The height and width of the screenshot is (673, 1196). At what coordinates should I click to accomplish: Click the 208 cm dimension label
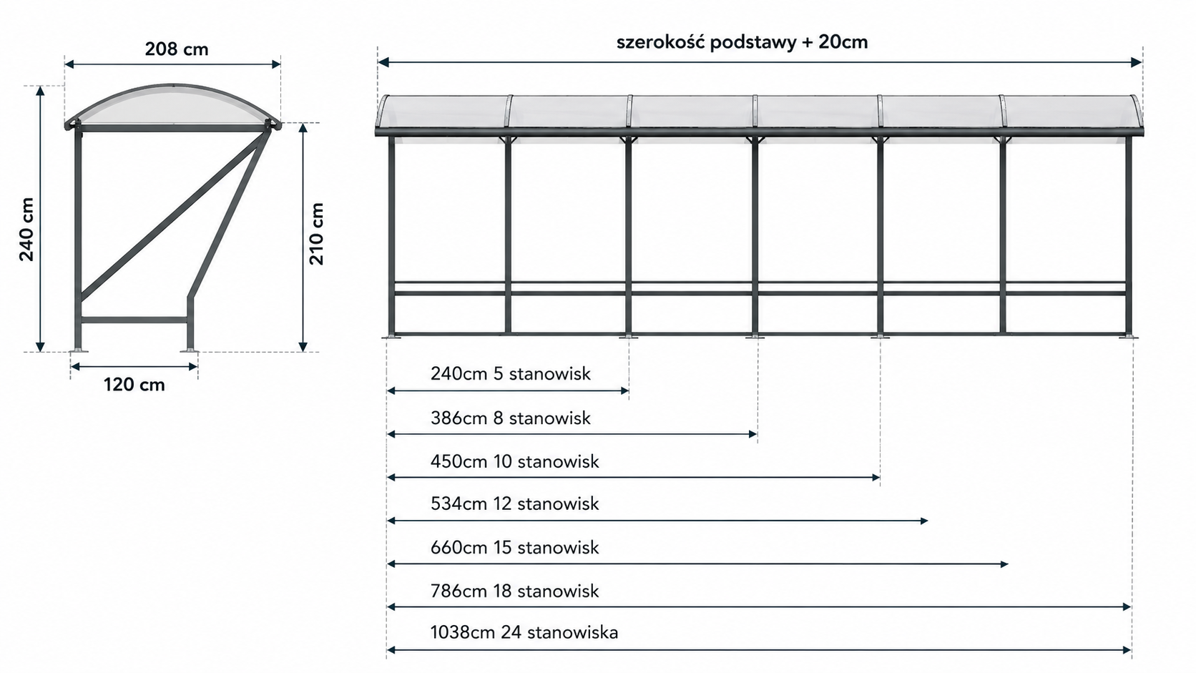(177, 49)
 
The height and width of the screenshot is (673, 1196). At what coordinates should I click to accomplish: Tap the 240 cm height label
(26, 230)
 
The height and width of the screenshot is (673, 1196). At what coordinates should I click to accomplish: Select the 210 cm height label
(317, 234)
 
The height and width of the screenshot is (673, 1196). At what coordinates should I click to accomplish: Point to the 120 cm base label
(134, 385)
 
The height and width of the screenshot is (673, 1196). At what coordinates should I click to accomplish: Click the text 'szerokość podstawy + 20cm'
(742, 42)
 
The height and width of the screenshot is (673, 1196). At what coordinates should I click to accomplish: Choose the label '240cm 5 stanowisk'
(511, 373)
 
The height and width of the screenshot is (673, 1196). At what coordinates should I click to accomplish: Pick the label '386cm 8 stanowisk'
(511, 418)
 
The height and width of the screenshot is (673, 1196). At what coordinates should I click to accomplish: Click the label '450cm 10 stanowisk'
(515, 461)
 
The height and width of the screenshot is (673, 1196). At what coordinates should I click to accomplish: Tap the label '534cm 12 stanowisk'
(515, 503)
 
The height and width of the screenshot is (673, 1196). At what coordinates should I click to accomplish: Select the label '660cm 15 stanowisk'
(515, 547)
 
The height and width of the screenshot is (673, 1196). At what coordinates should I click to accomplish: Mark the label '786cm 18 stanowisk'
(515, 591)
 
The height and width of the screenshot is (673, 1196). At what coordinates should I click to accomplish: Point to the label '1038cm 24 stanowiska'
(524, 632)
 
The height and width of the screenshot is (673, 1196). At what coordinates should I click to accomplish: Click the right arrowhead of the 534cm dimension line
(924, 521)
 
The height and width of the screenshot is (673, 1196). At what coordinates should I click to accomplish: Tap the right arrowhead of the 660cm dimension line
(1004, 564)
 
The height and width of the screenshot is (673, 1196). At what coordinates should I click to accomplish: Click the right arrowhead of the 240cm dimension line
(625, 390)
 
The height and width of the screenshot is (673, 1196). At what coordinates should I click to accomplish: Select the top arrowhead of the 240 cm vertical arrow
(40, 91)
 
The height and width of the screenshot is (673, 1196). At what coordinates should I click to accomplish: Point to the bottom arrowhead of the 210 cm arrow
(303, 347)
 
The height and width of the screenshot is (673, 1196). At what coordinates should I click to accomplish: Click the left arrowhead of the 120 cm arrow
(75, 367)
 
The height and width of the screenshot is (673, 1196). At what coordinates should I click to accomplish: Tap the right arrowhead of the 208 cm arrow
(276, 64)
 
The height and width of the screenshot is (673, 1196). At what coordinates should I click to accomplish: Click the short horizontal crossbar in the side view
(134, 320)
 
